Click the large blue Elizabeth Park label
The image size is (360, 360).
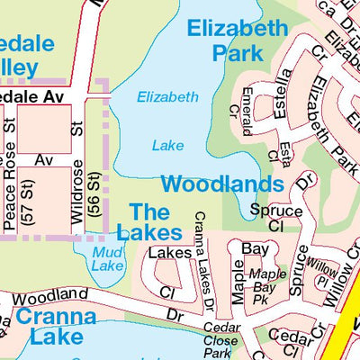[237, 40]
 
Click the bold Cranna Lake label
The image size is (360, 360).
[57, 327]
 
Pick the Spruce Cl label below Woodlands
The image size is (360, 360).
[269, 218]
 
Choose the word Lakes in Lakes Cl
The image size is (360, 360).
[170, 253]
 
